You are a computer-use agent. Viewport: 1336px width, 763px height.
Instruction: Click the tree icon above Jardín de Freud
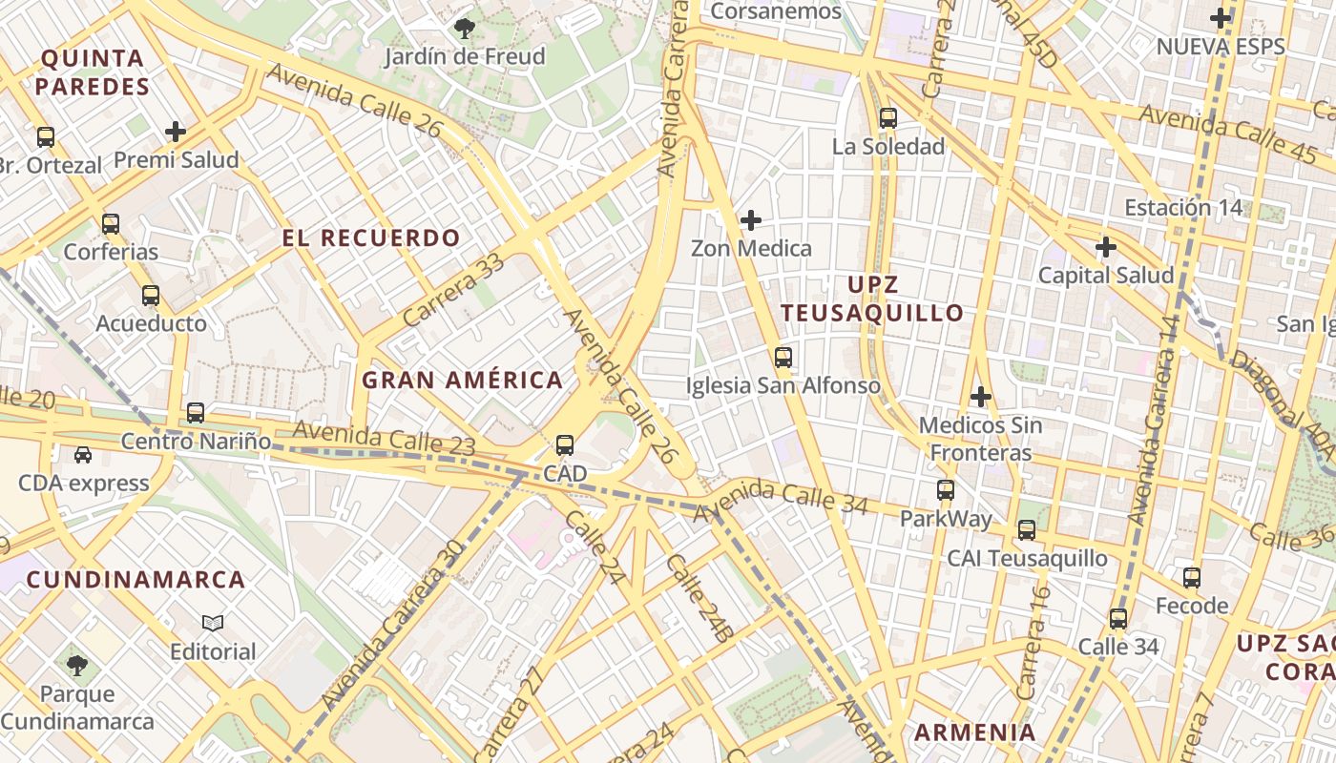tap(465, 29)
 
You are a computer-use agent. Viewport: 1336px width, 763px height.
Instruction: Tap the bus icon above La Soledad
tap(888, 118)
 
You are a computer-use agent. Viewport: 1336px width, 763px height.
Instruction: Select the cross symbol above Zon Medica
tap(751, 220)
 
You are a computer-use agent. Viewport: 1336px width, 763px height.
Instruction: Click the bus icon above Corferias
tap(111, 224)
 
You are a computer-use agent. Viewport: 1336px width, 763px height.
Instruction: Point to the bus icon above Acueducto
tap(151, 296)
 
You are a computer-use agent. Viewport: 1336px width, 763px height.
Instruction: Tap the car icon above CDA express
tap(83, 455)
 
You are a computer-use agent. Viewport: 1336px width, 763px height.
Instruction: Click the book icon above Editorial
tap(213, 624)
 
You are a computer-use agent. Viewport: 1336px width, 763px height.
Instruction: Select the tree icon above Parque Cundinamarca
tap(77, 665)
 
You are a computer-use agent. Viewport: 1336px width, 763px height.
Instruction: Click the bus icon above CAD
tap(565, 445)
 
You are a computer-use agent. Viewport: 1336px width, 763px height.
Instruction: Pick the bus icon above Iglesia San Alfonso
tap(783, 358)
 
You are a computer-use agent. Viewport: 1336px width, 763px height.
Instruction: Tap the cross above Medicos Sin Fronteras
tap(981, 396)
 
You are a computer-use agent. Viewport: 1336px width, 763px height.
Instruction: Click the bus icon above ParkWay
tap(946, 490)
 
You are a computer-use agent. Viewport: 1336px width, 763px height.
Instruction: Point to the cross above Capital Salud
tap(1106, 247)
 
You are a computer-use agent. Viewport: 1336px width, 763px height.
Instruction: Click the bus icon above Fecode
tap(1192, 577)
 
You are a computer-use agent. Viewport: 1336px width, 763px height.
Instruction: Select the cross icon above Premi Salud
tap(176, 132)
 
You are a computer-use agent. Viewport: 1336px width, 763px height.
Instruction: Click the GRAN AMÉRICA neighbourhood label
tap(463, 380)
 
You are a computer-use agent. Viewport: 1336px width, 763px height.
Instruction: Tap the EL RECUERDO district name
tap(371, 237)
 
